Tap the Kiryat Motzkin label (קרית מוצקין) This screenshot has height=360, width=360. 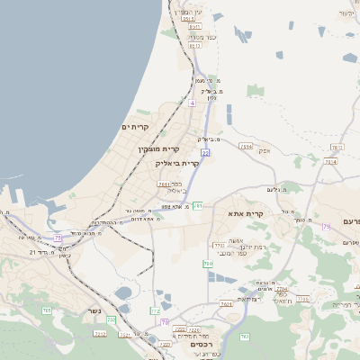coord(159,148)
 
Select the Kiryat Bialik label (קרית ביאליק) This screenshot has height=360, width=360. coord(175,164)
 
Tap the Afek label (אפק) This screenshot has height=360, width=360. coord(265,150)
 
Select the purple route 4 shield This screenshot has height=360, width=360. coord(192,103)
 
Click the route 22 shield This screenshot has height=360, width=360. coord(205,153)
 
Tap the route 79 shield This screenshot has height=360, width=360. coord(326,226)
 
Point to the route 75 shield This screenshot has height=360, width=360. coord(58,238)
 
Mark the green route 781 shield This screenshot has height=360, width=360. coord(196,206)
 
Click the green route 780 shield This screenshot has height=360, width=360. coord(208,264)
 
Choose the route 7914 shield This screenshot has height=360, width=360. coord(246,145)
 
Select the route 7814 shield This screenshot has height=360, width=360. coord(330,162)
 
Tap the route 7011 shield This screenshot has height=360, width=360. coord(163,184)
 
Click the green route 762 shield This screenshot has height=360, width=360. coord(245,337)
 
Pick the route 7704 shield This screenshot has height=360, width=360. coord(282,290)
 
